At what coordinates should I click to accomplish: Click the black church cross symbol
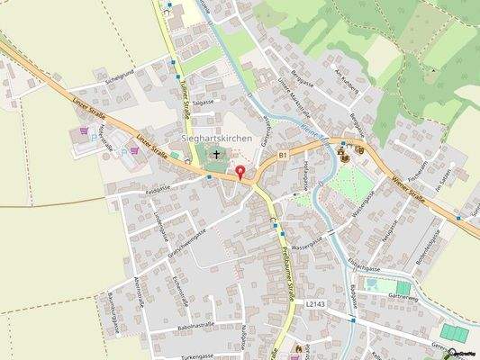[216, 154]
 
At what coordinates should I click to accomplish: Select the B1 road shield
[282, 156]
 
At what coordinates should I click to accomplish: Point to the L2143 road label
[314, 305]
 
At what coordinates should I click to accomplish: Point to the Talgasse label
[202, 103]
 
